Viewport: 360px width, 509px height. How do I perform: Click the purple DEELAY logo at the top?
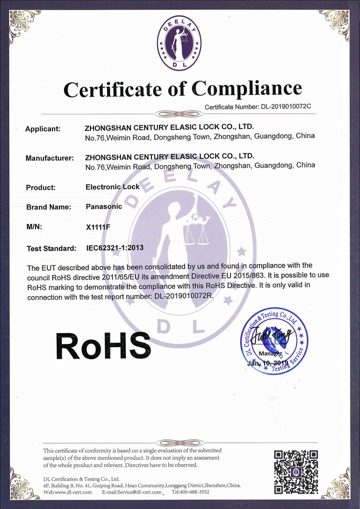(x=179, y=43)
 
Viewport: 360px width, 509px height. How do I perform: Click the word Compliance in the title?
(x=247, y=88)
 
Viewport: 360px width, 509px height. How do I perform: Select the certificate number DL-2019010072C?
(x=286, y=106)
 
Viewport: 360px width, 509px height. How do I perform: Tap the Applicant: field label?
(x=43, y=129)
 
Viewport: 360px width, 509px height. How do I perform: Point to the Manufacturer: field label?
(x=49, y=158)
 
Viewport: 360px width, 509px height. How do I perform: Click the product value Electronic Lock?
(x=112, y=187)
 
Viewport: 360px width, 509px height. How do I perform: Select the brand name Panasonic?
(x=104, y=206)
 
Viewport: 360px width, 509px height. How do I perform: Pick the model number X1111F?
(x=98, y=227)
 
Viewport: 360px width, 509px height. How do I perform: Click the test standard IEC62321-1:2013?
(x=115, y=248)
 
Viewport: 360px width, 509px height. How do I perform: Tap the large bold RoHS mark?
(x=103, y=346)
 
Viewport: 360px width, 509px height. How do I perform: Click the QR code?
(x=296, y=472)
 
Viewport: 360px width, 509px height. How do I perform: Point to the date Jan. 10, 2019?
(x=268, y=363)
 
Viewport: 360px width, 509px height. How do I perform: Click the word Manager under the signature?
(x=270, y=353)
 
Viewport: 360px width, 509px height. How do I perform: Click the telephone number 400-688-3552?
(x=195, y=492)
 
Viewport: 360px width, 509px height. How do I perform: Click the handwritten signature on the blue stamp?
(x=271, y=336)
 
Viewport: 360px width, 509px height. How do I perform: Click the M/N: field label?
(x=34, y=227)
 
